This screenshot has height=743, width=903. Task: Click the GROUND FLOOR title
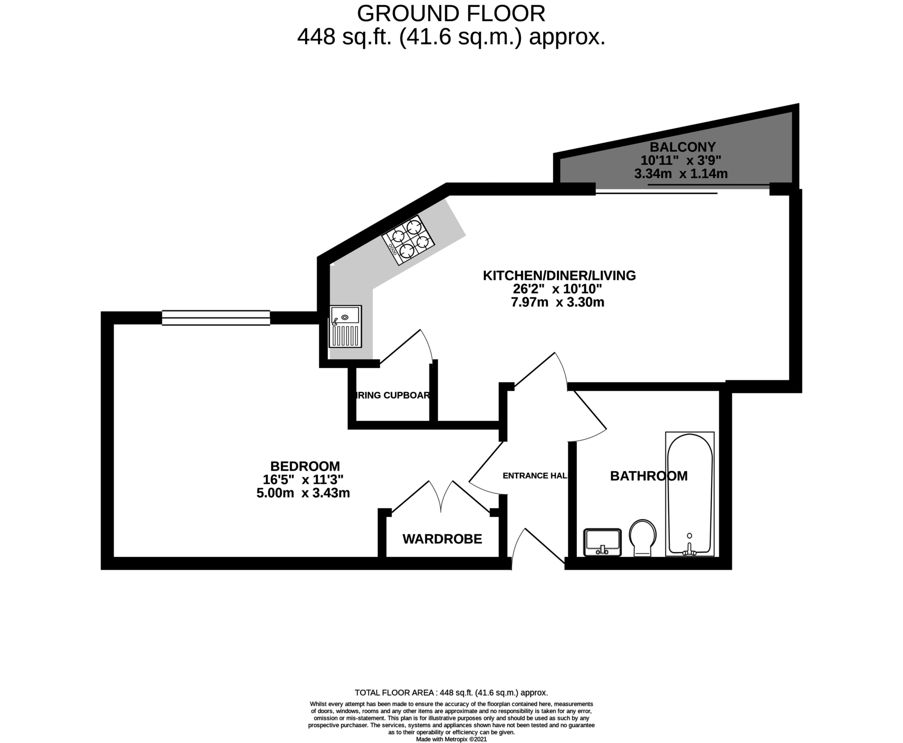451,14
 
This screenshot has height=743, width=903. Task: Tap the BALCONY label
683,146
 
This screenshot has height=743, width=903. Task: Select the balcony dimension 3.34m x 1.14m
680,174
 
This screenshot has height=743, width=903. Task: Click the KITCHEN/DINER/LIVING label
559,276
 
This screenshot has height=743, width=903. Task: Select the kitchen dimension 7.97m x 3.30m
560,303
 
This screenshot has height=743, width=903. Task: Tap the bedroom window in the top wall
216,318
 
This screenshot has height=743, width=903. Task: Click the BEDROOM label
305,466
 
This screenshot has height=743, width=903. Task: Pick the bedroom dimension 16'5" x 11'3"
302,480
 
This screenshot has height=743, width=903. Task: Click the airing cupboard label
392,395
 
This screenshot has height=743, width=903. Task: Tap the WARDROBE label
442,539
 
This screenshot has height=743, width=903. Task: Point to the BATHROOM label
648,476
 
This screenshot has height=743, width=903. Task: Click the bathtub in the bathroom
689,494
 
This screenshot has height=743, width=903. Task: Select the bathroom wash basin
602,542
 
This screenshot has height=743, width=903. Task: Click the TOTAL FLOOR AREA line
451,693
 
